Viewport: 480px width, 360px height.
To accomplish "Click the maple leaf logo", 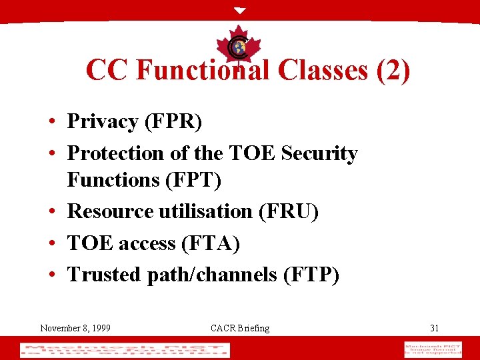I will pos(239,45).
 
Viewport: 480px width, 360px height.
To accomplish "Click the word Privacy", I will pos(103,121).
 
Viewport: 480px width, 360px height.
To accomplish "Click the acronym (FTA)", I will pos(211,243).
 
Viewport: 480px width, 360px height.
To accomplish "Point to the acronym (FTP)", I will pos(311,275).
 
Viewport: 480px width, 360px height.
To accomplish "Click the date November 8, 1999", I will pos(75,328).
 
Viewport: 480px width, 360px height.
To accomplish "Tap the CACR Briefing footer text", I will pos(240,328).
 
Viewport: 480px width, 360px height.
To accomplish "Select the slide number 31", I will pos(435,328).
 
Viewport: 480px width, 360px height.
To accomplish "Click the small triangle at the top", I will pos(240,11).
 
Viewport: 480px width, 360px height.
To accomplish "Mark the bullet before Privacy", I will pos(51,123).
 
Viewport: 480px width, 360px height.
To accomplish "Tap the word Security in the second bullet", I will pos(319,153).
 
